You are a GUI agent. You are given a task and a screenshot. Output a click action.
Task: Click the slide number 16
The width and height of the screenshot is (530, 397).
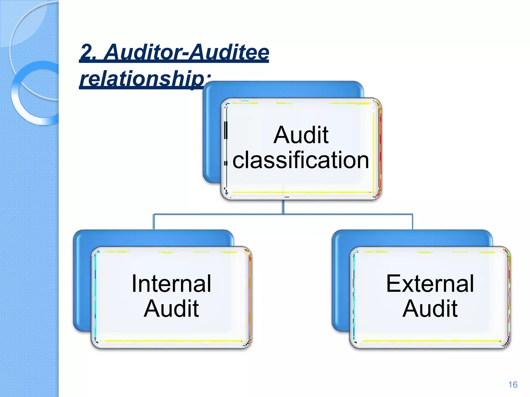point(513,385)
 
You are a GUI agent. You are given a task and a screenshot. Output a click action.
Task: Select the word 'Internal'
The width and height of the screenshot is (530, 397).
point(171,284)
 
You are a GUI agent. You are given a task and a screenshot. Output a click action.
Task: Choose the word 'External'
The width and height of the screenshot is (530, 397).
point(430,284)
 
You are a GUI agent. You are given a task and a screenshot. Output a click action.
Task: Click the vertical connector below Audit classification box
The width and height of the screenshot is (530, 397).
point(283,207)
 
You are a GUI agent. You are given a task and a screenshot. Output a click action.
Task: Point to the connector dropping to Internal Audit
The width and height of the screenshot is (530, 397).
point(154,222)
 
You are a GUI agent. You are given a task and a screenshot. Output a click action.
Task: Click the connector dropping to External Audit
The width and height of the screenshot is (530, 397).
point(413,222)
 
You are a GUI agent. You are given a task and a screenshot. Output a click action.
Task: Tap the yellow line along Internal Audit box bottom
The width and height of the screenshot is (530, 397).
point(171,341)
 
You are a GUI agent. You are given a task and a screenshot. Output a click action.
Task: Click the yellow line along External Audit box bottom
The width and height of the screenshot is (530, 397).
point(430,341)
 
